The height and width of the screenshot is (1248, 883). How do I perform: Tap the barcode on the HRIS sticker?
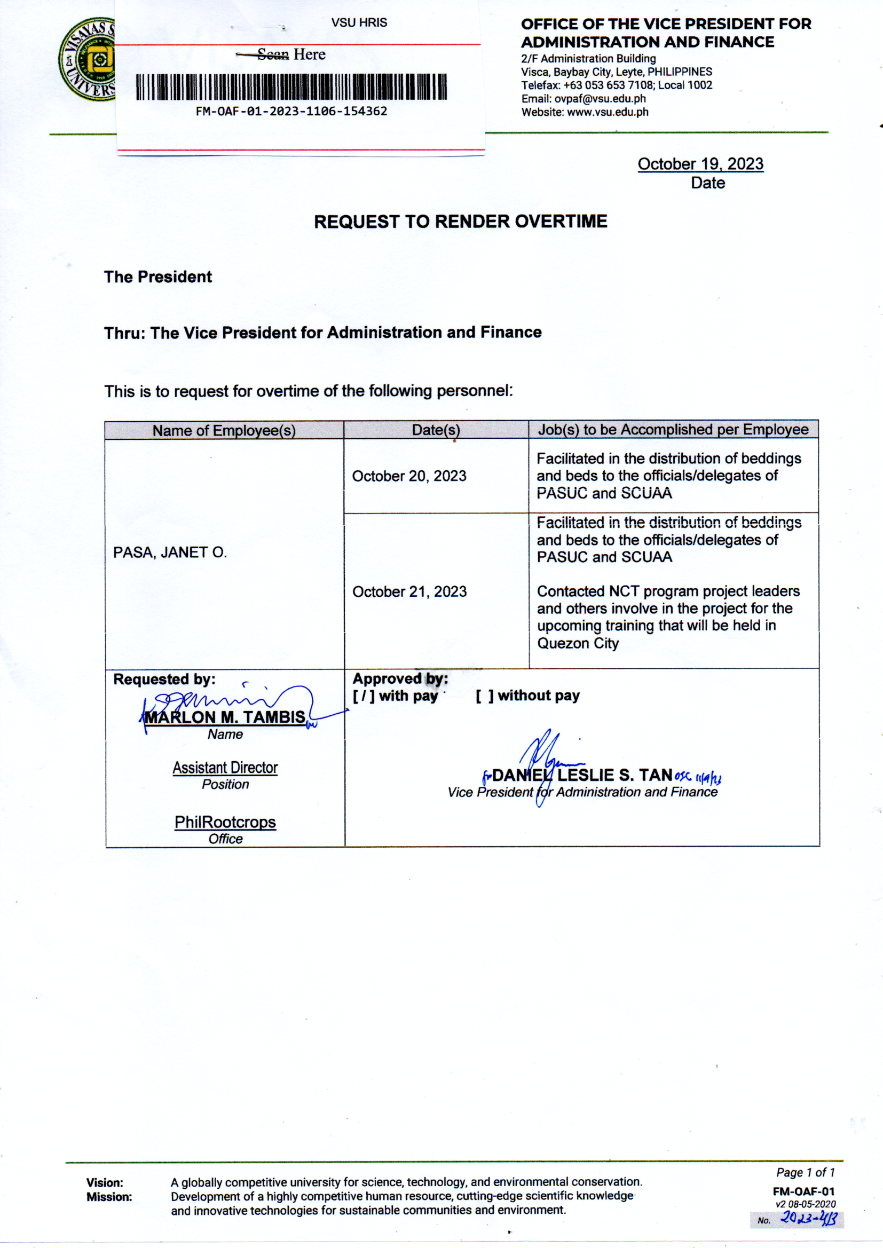[291, 87]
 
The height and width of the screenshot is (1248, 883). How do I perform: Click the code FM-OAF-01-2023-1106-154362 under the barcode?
[291, 112]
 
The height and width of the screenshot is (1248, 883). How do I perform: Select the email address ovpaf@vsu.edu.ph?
[600, 99]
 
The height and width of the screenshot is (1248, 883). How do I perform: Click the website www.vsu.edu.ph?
[608, 113]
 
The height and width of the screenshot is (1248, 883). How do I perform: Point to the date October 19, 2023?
[700, 164]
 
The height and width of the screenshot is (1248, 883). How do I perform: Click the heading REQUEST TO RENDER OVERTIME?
[461, 222]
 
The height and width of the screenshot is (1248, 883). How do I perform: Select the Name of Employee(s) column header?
[224, 430]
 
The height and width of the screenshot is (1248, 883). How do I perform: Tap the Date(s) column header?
[436, 430]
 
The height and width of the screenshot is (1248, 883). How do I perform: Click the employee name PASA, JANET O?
[170, 553]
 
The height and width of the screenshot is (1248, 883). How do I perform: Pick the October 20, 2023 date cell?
[409, 476]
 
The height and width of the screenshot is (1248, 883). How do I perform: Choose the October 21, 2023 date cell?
[409, 592]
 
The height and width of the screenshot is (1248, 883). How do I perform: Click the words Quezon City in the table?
[578, 644]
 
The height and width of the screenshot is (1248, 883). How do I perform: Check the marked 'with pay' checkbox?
[364, 696]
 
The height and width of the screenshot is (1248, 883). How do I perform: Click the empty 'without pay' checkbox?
[484, 696]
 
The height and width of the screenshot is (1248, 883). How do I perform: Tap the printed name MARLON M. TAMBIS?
[225, 717]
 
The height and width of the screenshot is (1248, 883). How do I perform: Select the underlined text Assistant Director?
[225, 768]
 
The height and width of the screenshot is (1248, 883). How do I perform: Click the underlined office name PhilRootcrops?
[225, 822]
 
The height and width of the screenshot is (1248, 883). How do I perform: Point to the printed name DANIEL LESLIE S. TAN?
[582, 775]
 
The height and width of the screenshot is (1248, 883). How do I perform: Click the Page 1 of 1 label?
[805, 1172]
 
